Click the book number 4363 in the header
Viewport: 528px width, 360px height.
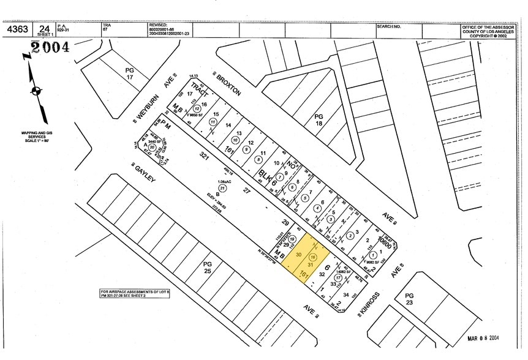(x=16, y=29)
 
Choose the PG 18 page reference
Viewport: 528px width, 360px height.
(x=319, y=119)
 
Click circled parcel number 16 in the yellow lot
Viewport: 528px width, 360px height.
(x=314, y=257)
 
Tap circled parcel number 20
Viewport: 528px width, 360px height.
(x=151, y=147)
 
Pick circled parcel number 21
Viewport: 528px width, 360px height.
(x=222, y=189)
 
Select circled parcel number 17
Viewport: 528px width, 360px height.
(x=338, y=277)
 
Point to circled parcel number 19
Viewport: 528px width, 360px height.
(x=293, y=239)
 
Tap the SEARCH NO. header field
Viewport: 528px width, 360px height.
(x=389, y=27)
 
